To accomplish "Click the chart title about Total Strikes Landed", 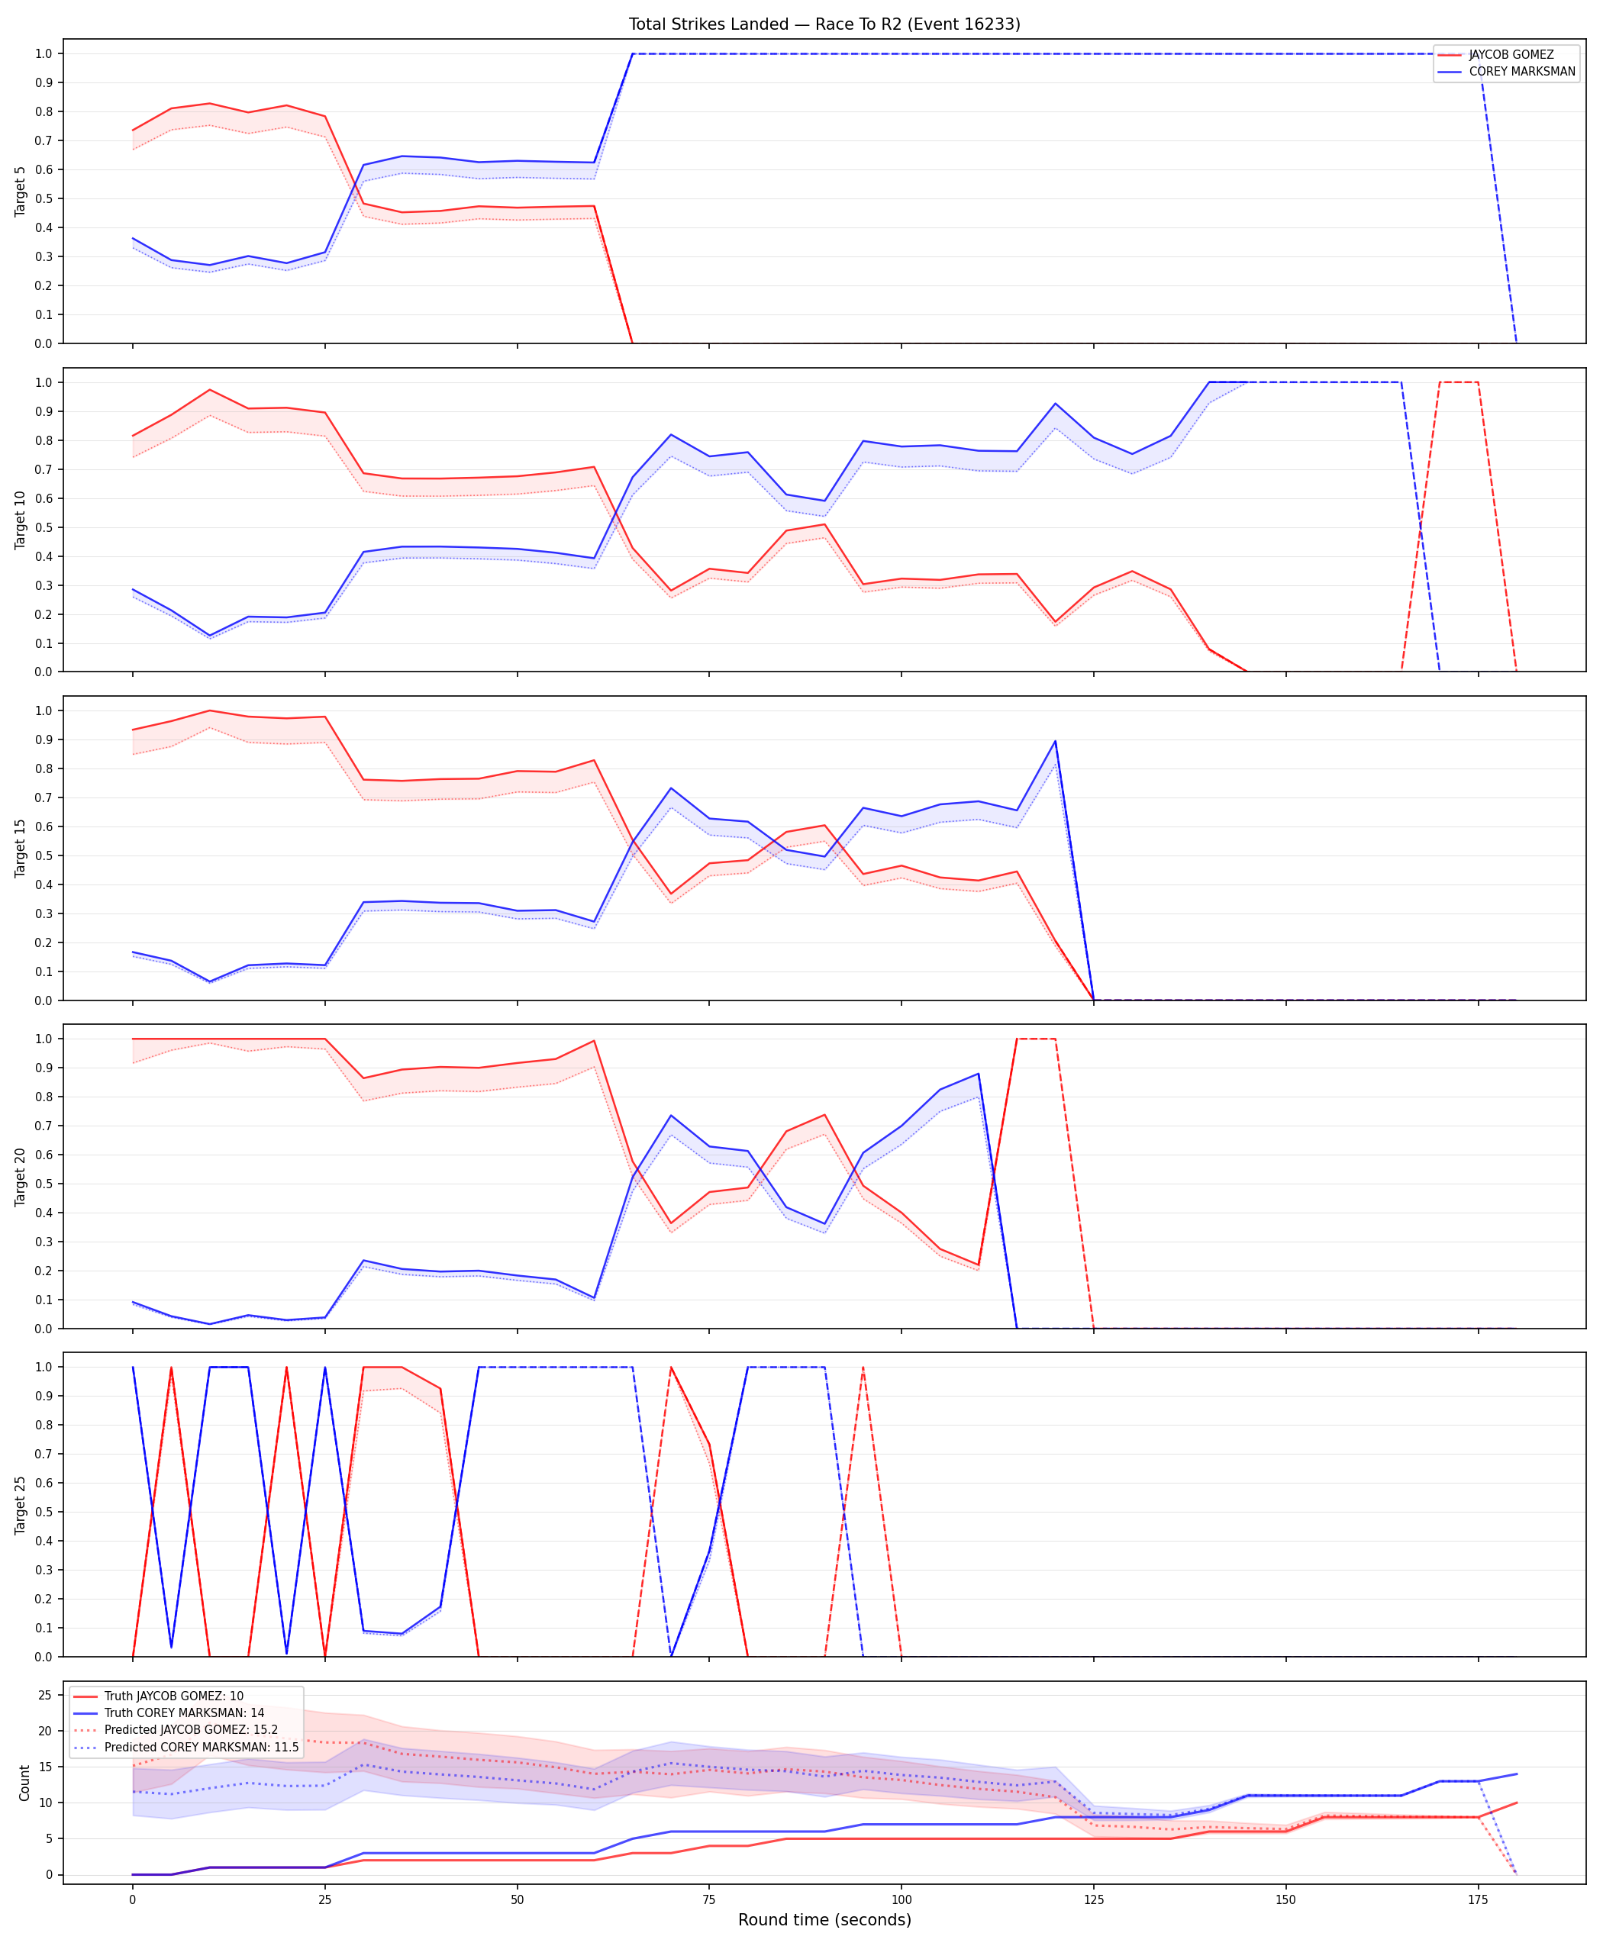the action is (x=824, y=24).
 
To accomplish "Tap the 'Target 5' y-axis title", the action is (x=21, y=191).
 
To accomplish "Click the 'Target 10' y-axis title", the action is (x=21, y=520).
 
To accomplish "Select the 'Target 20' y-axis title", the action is (x=21, y=1176).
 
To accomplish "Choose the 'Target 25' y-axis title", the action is (x=21, y=1505).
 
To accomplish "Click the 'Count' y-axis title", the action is (x=24, y=1783).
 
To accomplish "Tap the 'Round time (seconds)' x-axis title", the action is (x=824, y=1919).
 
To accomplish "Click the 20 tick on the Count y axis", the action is (x=44, y=1732).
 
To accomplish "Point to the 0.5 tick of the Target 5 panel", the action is (x=44, y=198).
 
